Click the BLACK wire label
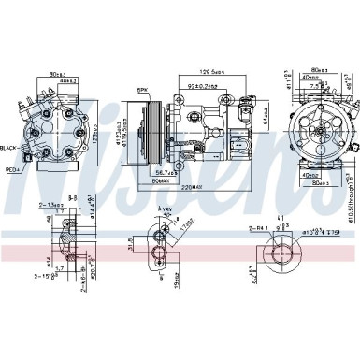pos(12,148)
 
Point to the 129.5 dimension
pos(221,72)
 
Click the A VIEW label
pos(167,236)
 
